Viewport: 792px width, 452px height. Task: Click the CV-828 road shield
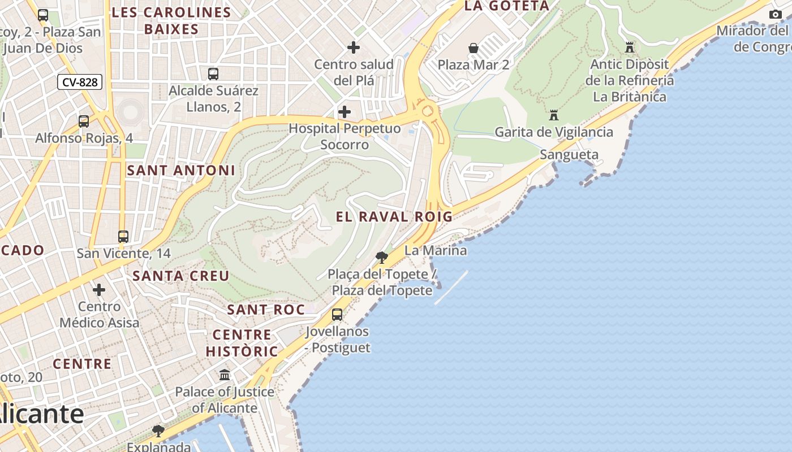pyautogui.click(x=80, y=82)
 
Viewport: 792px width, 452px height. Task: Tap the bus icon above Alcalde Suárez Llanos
pyautogui.click(x=213, y=73)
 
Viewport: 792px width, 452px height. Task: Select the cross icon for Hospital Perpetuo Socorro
pyautogui.click(x=344, y=111)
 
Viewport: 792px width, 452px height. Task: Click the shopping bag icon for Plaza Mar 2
pyautogui.click(x=474, y=48)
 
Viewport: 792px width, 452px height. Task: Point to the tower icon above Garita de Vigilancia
pyautogui.click(x=554, y=115)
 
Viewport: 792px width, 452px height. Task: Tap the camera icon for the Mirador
pyautogui.click(x=776, y=14)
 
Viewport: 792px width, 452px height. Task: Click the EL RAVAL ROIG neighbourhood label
pyautogui.click(x=394, y=216)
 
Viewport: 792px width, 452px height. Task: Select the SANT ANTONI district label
pyautogui.click(x=181, y=170)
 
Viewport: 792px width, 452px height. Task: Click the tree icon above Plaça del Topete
pyautogui.click(x=382, y=258)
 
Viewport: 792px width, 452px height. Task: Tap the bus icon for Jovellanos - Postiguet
pyautogui.click(x=337, y=315)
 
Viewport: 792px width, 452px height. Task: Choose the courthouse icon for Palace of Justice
pyautogui.click(x=225, y=375)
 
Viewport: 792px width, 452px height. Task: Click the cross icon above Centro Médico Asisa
pyautogui.click(x=99, y=290)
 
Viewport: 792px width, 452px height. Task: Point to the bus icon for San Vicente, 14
pyautogui.click(x=123, y=237)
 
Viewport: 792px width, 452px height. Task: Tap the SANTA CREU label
pyautogui.click(x=181, y=276)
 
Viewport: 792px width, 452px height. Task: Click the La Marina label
pyautogui.click(x=436, y=250)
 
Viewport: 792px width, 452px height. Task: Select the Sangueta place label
pyautogui.click(x=569, y=155)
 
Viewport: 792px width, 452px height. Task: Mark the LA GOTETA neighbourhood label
pyautogui.click(x=506, y=6)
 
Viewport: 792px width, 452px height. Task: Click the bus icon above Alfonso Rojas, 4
pyautogui.click(x=84, y=121)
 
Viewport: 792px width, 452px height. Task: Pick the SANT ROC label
pyautogui.click(x=266, y=310)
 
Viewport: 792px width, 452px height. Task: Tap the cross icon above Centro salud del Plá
pyautogui.click(x=354, y=47)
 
